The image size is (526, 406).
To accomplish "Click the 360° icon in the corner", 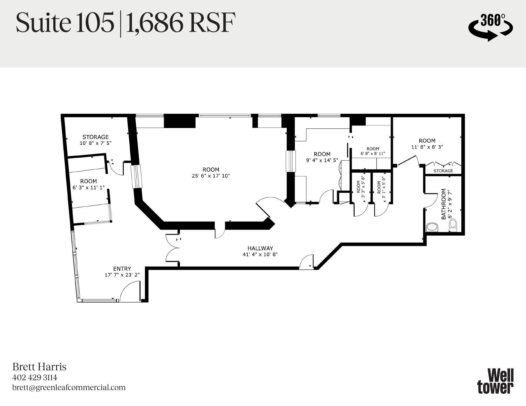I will click(x=490, y=27).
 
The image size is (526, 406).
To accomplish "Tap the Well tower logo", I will click(x=495, y=381).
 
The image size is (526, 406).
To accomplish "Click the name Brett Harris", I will click(x=39, y=367).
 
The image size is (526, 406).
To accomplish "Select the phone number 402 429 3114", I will click(x=35, y=378).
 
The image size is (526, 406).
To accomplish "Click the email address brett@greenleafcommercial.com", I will click(x=69, y=388).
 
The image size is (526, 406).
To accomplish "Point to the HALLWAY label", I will click(x=260, y=248).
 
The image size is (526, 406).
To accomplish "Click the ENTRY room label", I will click(x=122, y=269).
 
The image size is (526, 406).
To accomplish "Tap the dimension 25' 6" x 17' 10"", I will click(x=211, y=176).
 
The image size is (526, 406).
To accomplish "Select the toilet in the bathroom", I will click(x=453, y=225).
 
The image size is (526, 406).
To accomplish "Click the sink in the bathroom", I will click(x=432, y=227).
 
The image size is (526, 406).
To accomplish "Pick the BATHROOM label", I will click(x=443, y=204).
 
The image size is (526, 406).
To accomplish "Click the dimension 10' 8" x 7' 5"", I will click(x=96, y=143).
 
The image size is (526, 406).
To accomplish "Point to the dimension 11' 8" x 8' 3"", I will click(x=427, y=147).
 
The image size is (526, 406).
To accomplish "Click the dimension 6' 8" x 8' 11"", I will click(x=373, y=153).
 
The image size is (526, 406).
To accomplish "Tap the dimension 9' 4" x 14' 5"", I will click(x=322, y=160).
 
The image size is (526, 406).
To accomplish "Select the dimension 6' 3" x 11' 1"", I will click(x=89, y=188).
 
